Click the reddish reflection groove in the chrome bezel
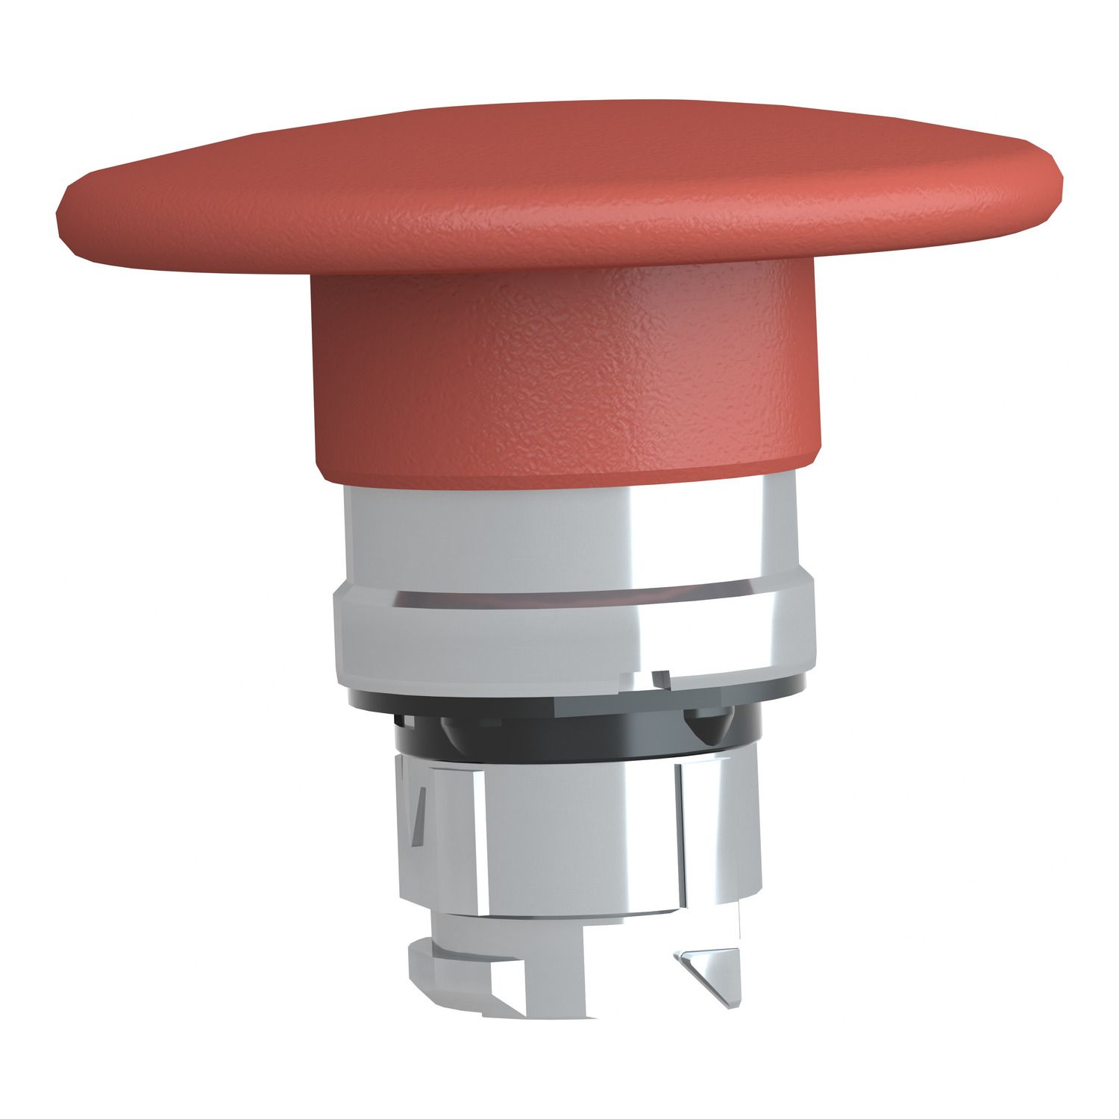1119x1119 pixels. (x=567, y=597)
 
